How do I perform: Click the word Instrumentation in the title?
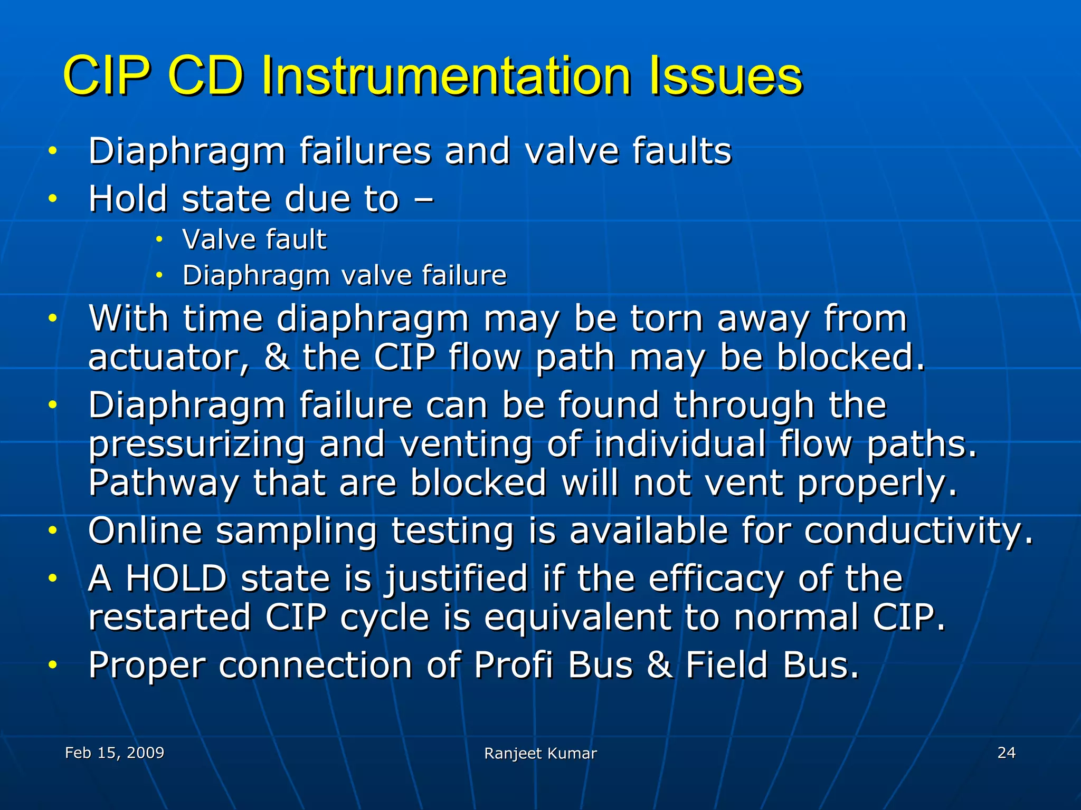point(446,76)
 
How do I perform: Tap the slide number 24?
point(1006,753)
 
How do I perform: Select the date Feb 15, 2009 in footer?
point(115,753)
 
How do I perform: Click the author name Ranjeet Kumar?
point(540,754)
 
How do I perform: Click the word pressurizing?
point(196,445)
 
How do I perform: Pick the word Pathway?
point(164,483)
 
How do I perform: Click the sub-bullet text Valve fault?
point(254,239)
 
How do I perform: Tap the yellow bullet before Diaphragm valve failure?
point(159,275)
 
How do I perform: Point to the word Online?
point(145,531)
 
